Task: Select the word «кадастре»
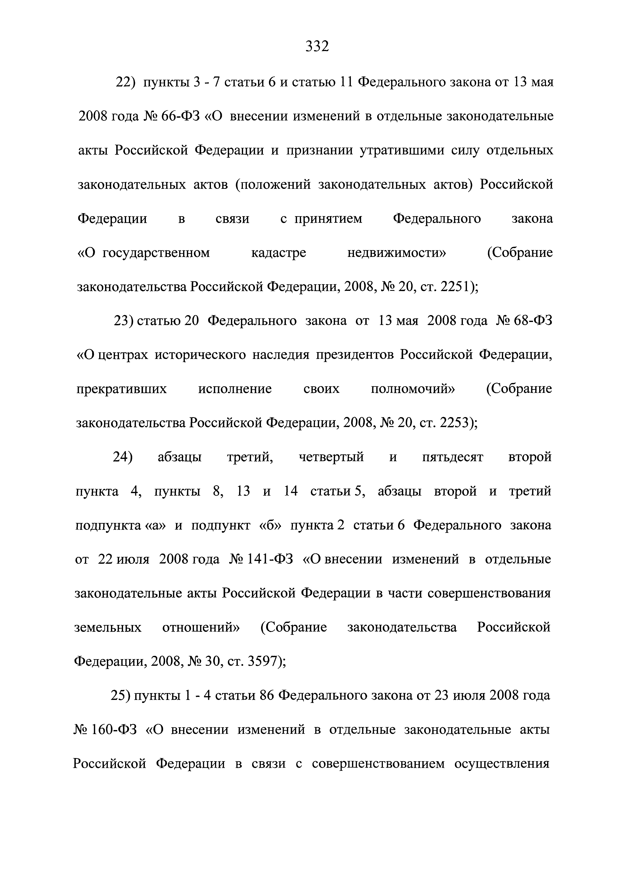click(x=278, y=253)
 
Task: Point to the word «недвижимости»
click(x=396, y=253)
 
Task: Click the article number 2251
click(x=454, y=287)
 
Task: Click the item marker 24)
click(x=122, y=457)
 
